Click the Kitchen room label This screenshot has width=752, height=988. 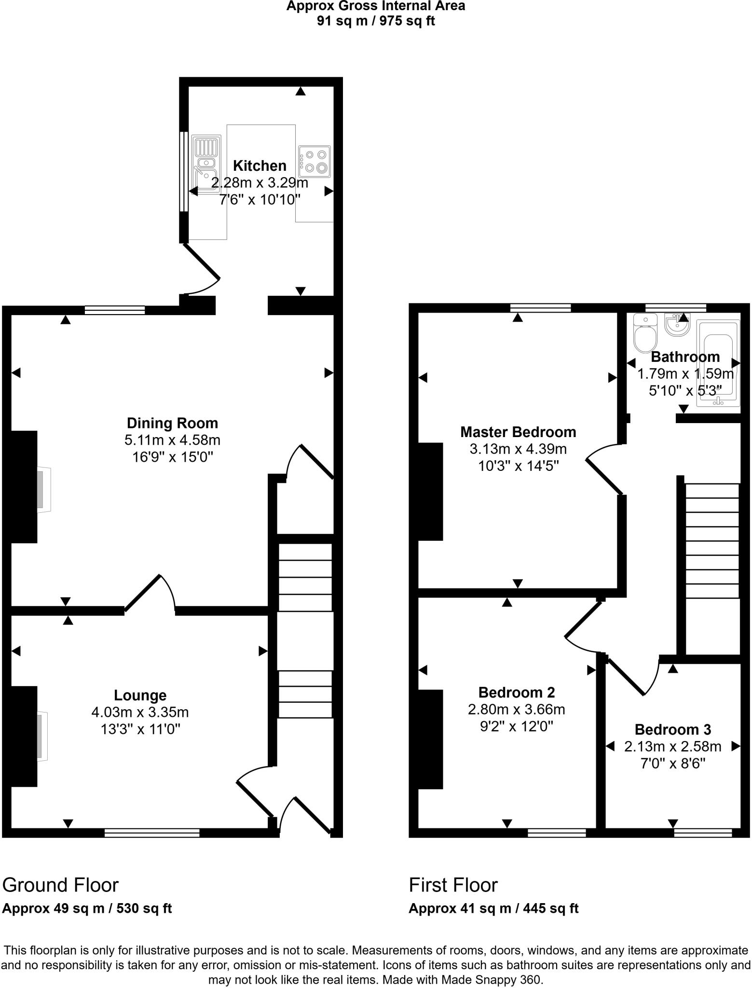260,165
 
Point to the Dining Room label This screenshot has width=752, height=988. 172,423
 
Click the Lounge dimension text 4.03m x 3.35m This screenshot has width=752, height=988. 140,712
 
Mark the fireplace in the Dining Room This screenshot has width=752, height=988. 43,489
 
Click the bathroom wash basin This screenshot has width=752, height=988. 677,324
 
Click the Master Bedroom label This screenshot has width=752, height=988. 518,432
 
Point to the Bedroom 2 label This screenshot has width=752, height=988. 516,692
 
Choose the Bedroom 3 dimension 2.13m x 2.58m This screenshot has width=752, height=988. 672,746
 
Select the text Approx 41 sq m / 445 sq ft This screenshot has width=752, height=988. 493,908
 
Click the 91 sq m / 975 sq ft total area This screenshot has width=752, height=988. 376,21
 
